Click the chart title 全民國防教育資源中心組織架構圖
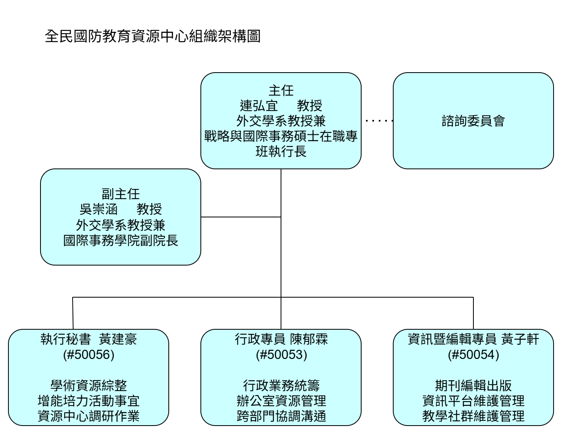[153, 36]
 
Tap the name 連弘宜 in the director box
[259, 105]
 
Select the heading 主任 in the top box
[281, 90]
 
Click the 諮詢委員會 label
[473, 121]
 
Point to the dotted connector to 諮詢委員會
[379, 120]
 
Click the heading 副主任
[120, 194]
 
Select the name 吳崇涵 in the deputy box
[98, 209]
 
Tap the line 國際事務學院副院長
[120, 240]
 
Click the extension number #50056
[89, 355]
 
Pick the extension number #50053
[281, 355]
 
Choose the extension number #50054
[473, 355]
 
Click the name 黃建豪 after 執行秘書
[118, 339]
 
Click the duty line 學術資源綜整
[89, 385]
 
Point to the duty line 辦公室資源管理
[281, 401]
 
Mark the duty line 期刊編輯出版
[473, 385]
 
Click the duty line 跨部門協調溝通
[281, 416]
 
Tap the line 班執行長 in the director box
[281, 152]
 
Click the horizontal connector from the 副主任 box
[241, 217]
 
